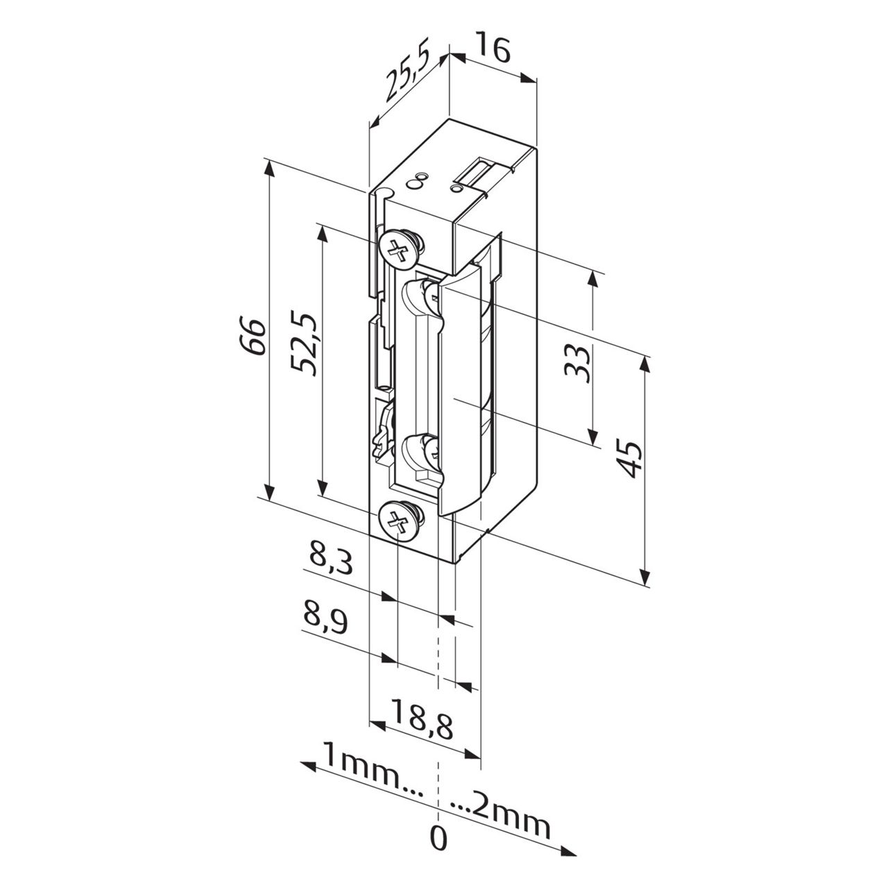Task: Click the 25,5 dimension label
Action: [x=408, y=74]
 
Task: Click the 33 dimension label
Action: [x=577, y=362]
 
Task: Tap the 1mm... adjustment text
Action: [x=370, y=770]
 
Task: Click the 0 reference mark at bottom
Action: [x=438, y=839]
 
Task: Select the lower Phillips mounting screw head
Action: [x=398, y=519]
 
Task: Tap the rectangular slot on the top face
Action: [x=479, y=173]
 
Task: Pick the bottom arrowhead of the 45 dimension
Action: [x=646, y=579]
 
